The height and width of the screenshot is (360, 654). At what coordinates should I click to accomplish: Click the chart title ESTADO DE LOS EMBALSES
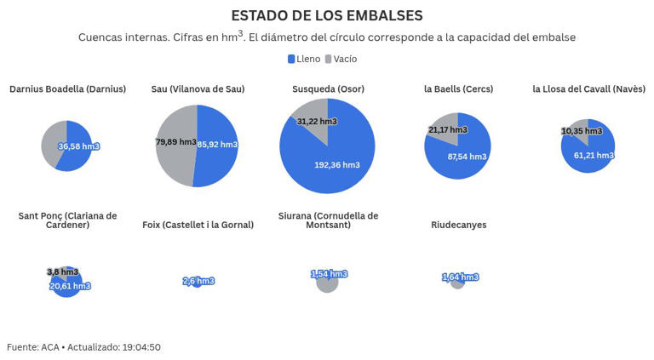click(x=327, y=15)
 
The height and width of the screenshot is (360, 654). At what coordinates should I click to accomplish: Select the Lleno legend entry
click(x=304, y=60)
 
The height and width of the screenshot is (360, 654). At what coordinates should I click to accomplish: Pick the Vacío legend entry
click(x=341, y=60)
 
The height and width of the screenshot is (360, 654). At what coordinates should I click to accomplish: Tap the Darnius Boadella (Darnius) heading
click(x=67, y=89)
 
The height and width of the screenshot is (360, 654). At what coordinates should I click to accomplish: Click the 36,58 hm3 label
click(x=78, y=146)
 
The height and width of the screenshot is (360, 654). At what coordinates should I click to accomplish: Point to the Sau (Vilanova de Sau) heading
click(x=198, y=89)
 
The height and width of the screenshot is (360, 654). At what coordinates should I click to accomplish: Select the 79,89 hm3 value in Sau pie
click(x=175, y=142)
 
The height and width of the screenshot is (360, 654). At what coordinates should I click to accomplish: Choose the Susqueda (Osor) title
click(x=327, y=89)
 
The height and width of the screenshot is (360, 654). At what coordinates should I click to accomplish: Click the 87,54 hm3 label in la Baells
click(x=467, y=157)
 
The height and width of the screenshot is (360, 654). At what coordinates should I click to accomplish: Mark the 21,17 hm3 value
click(x=447, y=130)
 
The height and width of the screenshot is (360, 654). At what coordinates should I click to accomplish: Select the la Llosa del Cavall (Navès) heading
click(x=588, y=89)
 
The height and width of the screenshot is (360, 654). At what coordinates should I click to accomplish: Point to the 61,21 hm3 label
click(x=593, y=156)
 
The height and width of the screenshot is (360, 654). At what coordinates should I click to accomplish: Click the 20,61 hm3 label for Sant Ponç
click(x=70, y=286)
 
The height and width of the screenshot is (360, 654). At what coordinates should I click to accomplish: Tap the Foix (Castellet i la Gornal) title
click(x=198, y=226)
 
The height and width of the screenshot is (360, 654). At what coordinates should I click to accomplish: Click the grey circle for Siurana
click(x=327, y=284)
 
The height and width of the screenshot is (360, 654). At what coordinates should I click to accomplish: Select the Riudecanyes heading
click(x=458, y=226)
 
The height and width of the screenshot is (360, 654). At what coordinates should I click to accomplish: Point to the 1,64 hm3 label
click(x=460, y=277)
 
